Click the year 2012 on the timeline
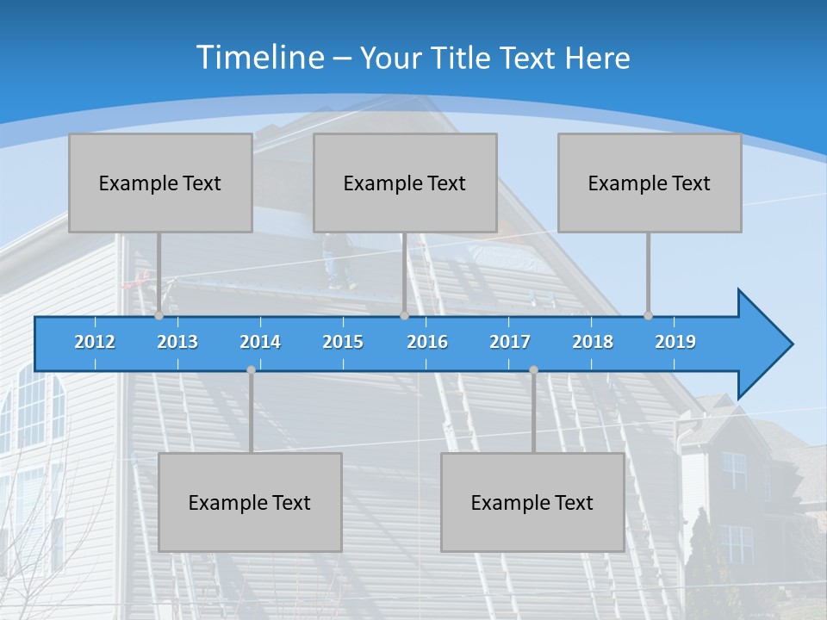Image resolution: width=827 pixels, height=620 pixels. click(95, 342)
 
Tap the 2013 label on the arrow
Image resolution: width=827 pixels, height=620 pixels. click(177, 342)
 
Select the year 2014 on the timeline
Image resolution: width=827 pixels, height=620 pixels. click(260, 342)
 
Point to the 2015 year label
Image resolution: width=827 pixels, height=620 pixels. click(343, 342)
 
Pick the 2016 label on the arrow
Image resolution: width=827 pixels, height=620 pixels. click(427, 342)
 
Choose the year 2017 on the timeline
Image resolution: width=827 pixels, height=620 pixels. click(510, 342)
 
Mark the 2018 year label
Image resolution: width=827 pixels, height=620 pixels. click(593, 342)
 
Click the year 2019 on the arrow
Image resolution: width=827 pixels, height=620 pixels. click(675, 342)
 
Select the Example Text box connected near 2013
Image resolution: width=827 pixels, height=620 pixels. click(160, 183)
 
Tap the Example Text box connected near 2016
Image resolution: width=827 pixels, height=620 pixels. click(405, 183)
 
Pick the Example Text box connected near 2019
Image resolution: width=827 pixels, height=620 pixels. click(650, 183)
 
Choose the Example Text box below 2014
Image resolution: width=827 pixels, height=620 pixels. click(250, 502)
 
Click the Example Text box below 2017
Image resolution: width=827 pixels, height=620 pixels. click(532, 502)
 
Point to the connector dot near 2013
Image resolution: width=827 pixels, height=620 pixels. click(159, 316)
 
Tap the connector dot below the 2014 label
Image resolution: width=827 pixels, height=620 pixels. click(251, 369)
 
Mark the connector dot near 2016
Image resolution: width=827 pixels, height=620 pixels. click(404, 316)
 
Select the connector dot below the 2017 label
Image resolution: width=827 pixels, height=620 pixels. click(533, 369)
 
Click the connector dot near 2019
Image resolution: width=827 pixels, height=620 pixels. click(648, 316)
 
